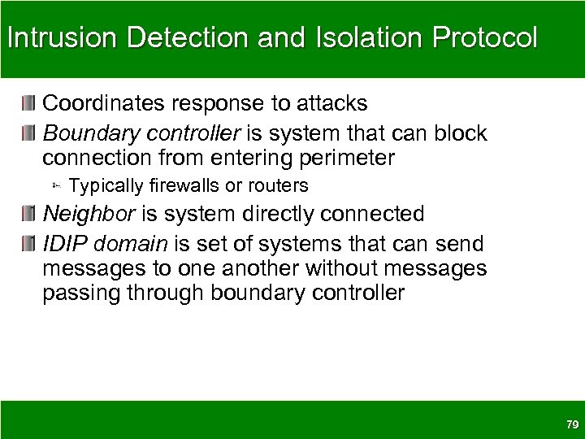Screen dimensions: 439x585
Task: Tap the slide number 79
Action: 570,424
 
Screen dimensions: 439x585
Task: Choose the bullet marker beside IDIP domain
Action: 29,243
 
